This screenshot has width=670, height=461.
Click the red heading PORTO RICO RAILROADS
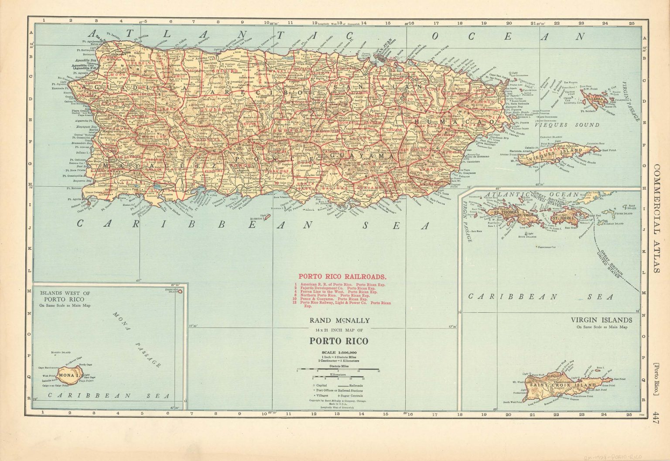pyautogui.click(x=342, y=277)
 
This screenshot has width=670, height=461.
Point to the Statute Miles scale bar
pyautogui.click(x=337, y=369)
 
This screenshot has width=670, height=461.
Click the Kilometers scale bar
pyautogui.click(x=337, y=377)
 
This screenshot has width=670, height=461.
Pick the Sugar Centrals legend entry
pyautogui.click(x=352, y=396)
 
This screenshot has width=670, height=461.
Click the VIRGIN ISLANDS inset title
pyautogui.click(x=602, y=319)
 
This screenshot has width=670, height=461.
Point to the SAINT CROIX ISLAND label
pyautogui.click(x=563, y=386)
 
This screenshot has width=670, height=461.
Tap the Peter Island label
pyautogui.click(x=624, y=214)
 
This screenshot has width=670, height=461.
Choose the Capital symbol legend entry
pyautogui.click(x=322, y=386)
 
